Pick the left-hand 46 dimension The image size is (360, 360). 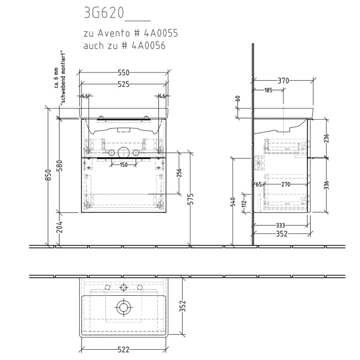click(x=85, y=96)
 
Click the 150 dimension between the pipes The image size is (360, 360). click(x=123, y=165)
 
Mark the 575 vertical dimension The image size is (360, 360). click(x=191, y=199)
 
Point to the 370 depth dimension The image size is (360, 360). click(x=283, y=81)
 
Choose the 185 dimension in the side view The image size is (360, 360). click(x=268, y=91)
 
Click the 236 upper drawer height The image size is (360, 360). click(x=326, y=138)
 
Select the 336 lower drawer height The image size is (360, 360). click(x=326, y=185)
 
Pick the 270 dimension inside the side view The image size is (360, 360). click(x=286, y=185)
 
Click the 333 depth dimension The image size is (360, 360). click(x=281, y=225)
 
